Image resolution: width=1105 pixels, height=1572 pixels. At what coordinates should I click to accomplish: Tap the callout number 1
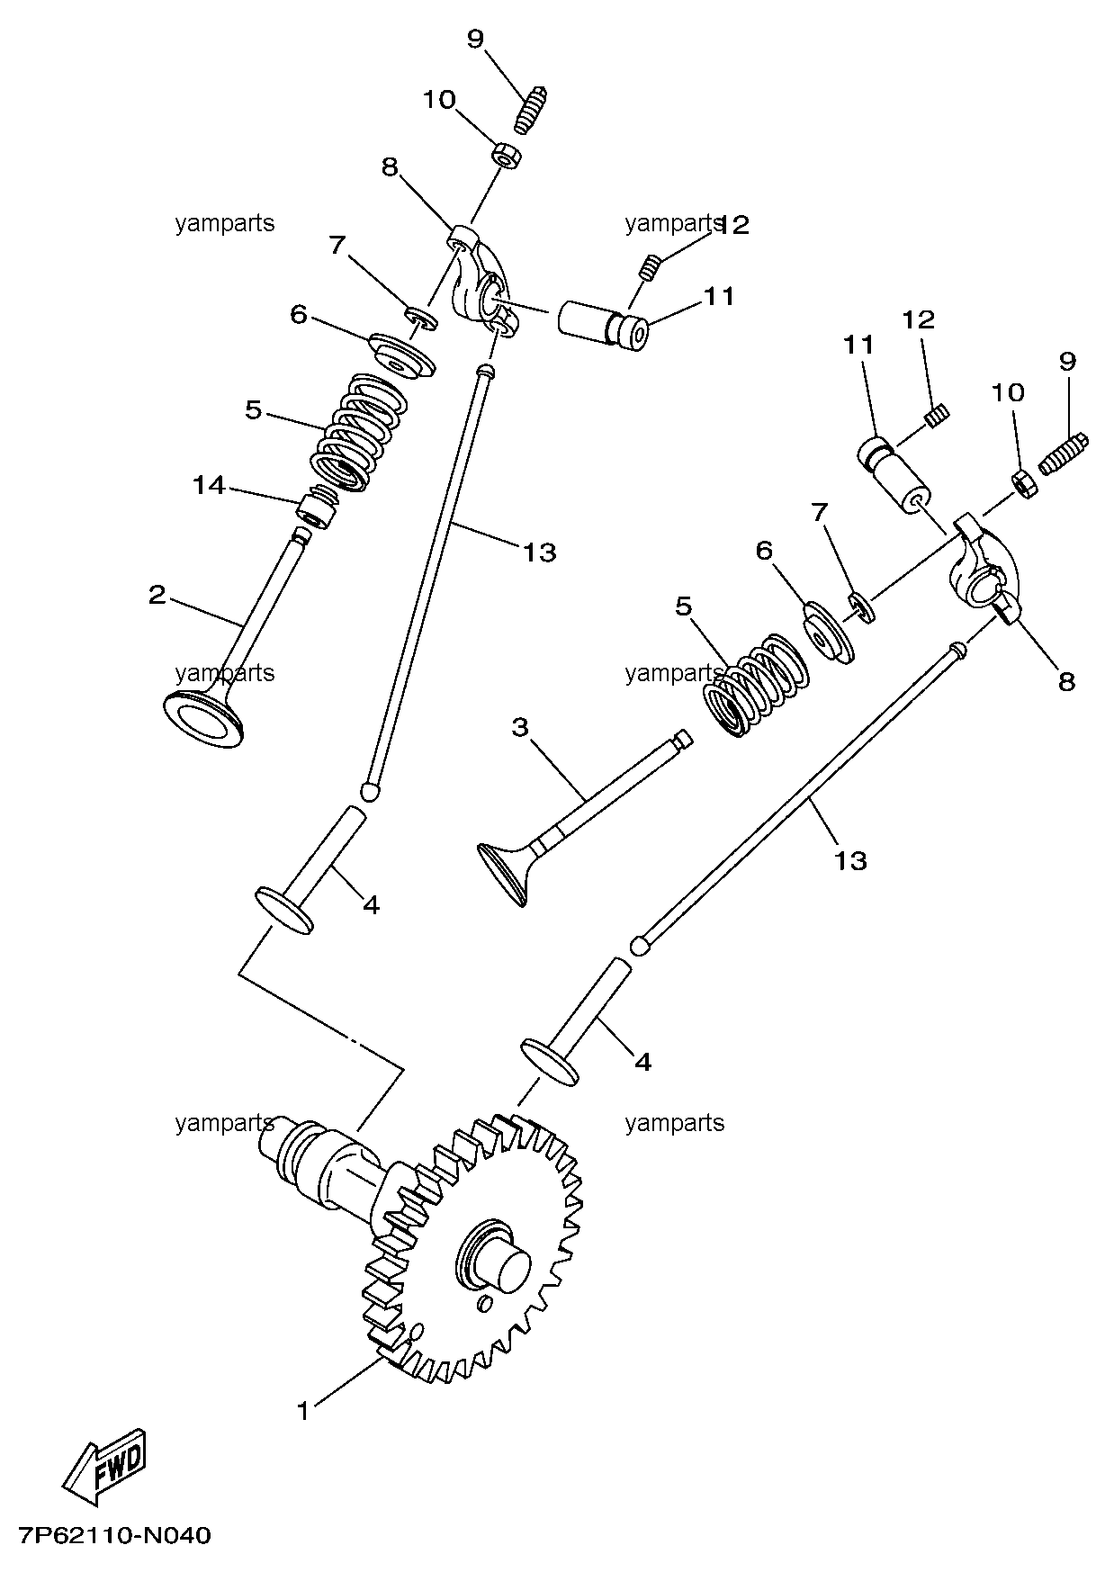pyautogui.click(x=304, y=1411)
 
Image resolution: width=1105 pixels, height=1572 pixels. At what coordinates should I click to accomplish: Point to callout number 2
pyautogui.click(x=158, y=595)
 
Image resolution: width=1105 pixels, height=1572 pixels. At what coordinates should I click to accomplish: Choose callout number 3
pyautogui.click(x=520, y=727)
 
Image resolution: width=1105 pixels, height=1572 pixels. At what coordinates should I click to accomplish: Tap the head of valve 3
pyautogui.click(x=504, y=871)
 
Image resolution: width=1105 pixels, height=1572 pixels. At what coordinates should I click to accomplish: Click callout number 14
pyautogui.click(x=208, y=486)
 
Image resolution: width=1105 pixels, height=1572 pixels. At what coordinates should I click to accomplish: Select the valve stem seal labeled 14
pyautogui.click(x=316, y=508)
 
